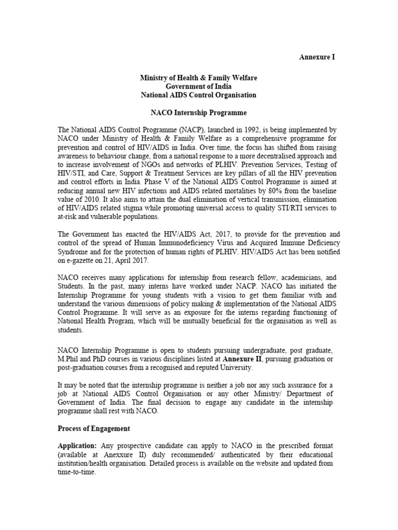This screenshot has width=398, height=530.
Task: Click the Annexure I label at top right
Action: point(317,57)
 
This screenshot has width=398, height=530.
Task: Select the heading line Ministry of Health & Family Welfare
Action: point(198,78)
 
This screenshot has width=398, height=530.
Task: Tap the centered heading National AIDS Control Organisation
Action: point(198,95)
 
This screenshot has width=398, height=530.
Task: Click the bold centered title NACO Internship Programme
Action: point(198,112)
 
